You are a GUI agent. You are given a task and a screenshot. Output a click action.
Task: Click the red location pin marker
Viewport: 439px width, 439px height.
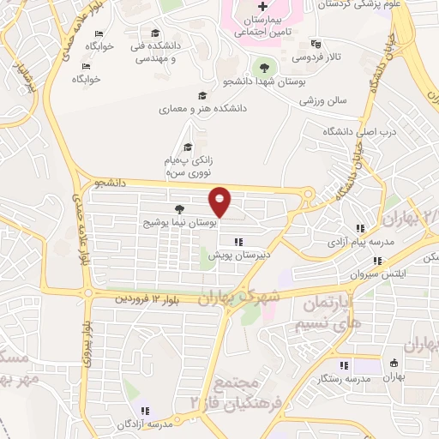[220, 201]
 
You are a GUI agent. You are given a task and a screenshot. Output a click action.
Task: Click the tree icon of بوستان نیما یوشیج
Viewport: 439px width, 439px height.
[178, 209]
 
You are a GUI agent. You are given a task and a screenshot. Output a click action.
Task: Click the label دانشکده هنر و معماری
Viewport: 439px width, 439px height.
[202, 110]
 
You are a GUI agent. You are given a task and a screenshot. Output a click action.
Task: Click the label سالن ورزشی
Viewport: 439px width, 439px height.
[323, 100]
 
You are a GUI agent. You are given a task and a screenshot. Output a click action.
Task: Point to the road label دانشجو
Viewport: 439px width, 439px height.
[111, 182]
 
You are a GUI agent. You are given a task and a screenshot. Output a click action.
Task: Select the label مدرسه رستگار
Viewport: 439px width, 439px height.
[343, 378]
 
